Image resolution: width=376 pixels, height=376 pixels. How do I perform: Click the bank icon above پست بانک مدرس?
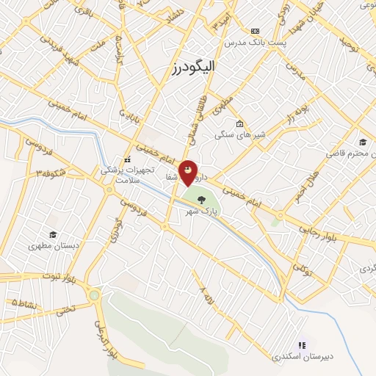255,31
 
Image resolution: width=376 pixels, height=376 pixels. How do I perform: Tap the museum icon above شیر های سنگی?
239,123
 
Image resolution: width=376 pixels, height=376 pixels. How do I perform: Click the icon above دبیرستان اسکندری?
302,344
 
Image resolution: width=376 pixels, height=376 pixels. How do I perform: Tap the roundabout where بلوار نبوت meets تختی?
95,295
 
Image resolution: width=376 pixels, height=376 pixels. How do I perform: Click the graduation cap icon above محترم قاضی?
363,142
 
